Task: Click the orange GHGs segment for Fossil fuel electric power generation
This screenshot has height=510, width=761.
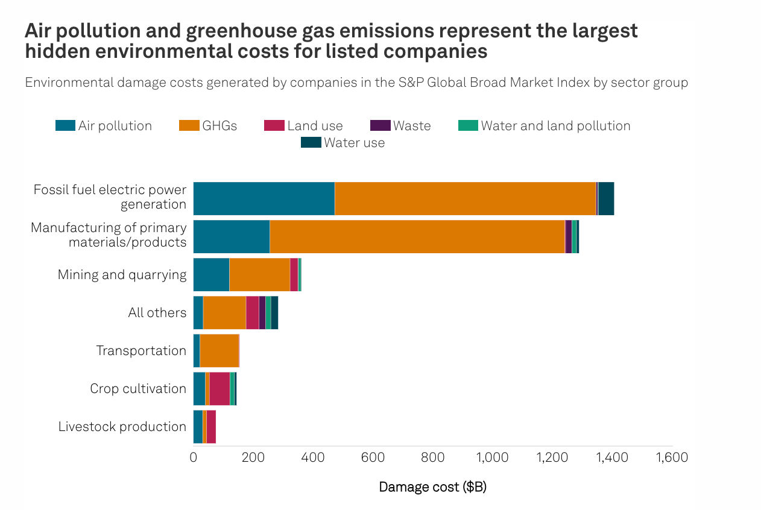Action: [464, 198]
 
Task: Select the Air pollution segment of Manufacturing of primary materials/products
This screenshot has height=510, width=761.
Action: [231, 236]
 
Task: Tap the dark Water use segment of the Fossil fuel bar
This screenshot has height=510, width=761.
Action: [606, 198]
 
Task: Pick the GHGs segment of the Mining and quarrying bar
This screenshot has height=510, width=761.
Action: [259, 274]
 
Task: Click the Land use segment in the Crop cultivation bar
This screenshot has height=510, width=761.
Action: [219, 388]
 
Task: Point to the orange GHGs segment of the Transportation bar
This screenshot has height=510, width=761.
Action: [219, 350]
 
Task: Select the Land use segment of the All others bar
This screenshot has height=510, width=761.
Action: [252, 312]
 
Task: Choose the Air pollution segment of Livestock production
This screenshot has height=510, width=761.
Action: [198, 426]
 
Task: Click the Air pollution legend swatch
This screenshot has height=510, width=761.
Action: [65, 125]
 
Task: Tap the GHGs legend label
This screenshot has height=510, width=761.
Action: [219, 125]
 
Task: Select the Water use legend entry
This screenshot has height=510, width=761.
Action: [354, 143]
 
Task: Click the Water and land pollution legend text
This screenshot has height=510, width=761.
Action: [555, 125]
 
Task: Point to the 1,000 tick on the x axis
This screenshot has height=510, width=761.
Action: [493, 458]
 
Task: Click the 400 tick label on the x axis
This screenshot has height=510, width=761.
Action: [313, 458]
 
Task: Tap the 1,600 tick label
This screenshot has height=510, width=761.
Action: [672, 458]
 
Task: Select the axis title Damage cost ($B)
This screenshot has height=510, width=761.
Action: [432, 486]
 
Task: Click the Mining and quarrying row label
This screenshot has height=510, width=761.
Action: [122, 274]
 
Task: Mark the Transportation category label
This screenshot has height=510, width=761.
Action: [141, 350]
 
